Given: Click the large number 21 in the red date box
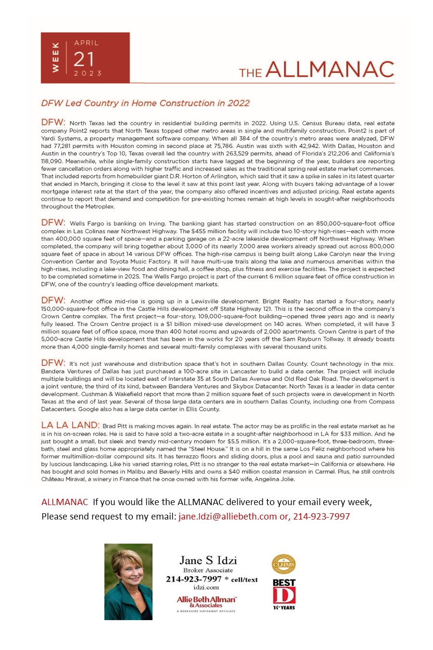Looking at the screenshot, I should coord(84,59).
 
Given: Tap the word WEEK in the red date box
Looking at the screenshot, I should coord(55,57).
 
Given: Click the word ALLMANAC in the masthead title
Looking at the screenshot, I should coord(330,70).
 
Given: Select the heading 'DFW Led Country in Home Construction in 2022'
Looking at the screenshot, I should coord(145,103).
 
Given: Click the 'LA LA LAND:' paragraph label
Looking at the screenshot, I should coord(70,425).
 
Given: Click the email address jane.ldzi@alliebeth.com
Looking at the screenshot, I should coord(228,516).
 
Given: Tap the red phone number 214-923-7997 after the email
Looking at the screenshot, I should coord(321,516).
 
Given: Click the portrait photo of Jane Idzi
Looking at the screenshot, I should coord(128,582).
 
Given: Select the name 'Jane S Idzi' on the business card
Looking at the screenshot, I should coord(208,560).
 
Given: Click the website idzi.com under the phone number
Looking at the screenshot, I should coord(206,587).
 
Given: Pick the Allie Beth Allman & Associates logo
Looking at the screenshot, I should coord(206,602).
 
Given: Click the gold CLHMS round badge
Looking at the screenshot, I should coord(284,564).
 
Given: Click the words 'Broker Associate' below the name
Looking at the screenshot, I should coord(208,571).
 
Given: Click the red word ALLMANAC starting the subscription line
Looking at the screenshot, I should coord(64,502).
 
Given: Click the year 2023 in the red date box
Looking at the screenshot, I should coord(88,73).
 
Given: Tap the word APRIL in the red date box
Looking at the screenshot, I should coord(86,43).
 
